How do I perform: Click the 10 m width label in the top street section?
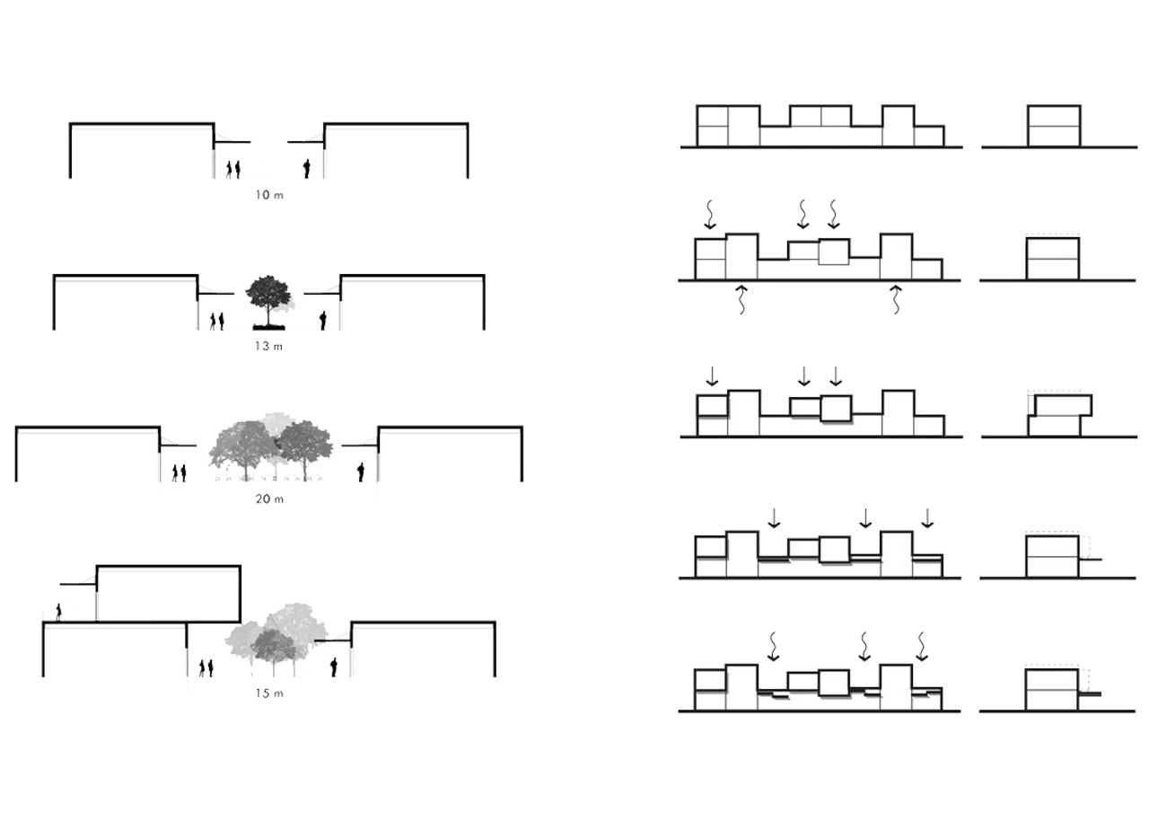[x=269, y=191]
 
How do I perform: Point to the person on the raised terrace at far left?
[x=60, y=610]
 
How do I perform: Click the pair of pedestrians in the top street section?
[x=231, y=167]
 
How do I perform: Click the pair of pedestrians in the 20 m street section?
[x=179, y=471]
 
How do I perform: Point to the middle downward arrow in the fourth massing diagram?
[x=865, y=522]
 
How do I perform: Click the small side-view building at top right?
[x=1053, y=127]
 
